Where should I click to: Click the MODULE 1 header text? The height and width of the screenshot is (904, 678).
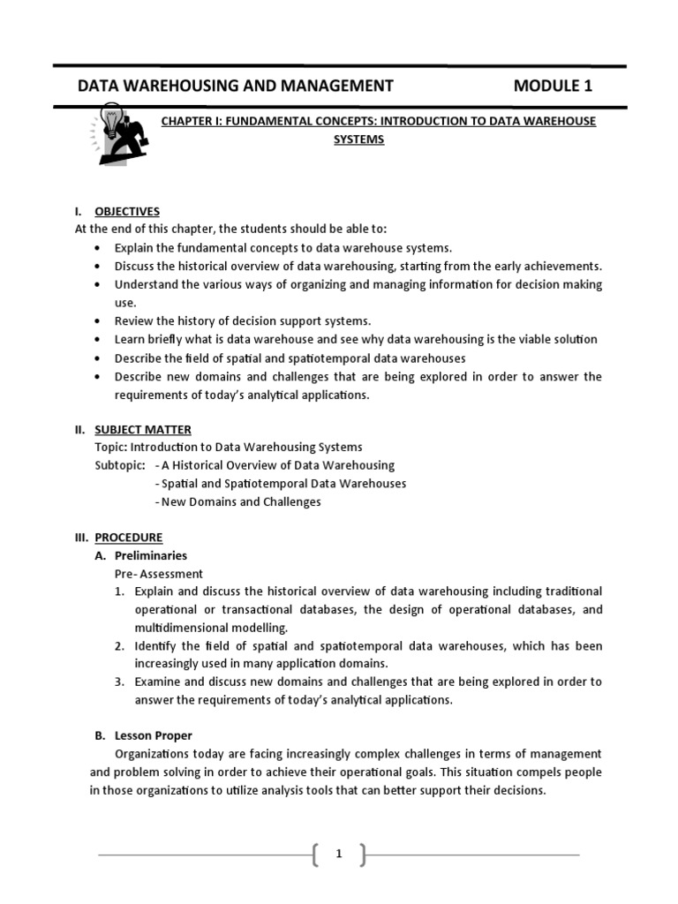tap(553, 86)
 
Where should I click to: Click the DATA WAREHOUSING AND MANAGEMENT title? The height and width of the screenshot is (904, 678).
tap(236, 86)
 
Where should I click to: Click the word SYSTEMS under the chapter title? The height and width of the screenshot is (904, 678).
tap(358, 139)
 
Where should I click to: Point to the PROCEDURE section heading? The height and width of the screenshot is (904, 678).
tap(128, 538)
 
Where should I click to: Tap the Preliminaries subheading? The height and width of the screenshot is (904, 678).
tap(151, 556)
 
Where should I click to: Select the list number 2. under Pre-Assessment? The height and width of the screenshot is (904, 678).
tap(119, 646)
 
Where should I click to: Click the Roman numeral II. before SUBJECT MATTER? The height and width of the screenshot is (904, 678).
tap(79, 430)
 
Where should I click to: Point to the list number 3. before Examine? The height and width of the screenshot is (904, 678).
tap(119, 682)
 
